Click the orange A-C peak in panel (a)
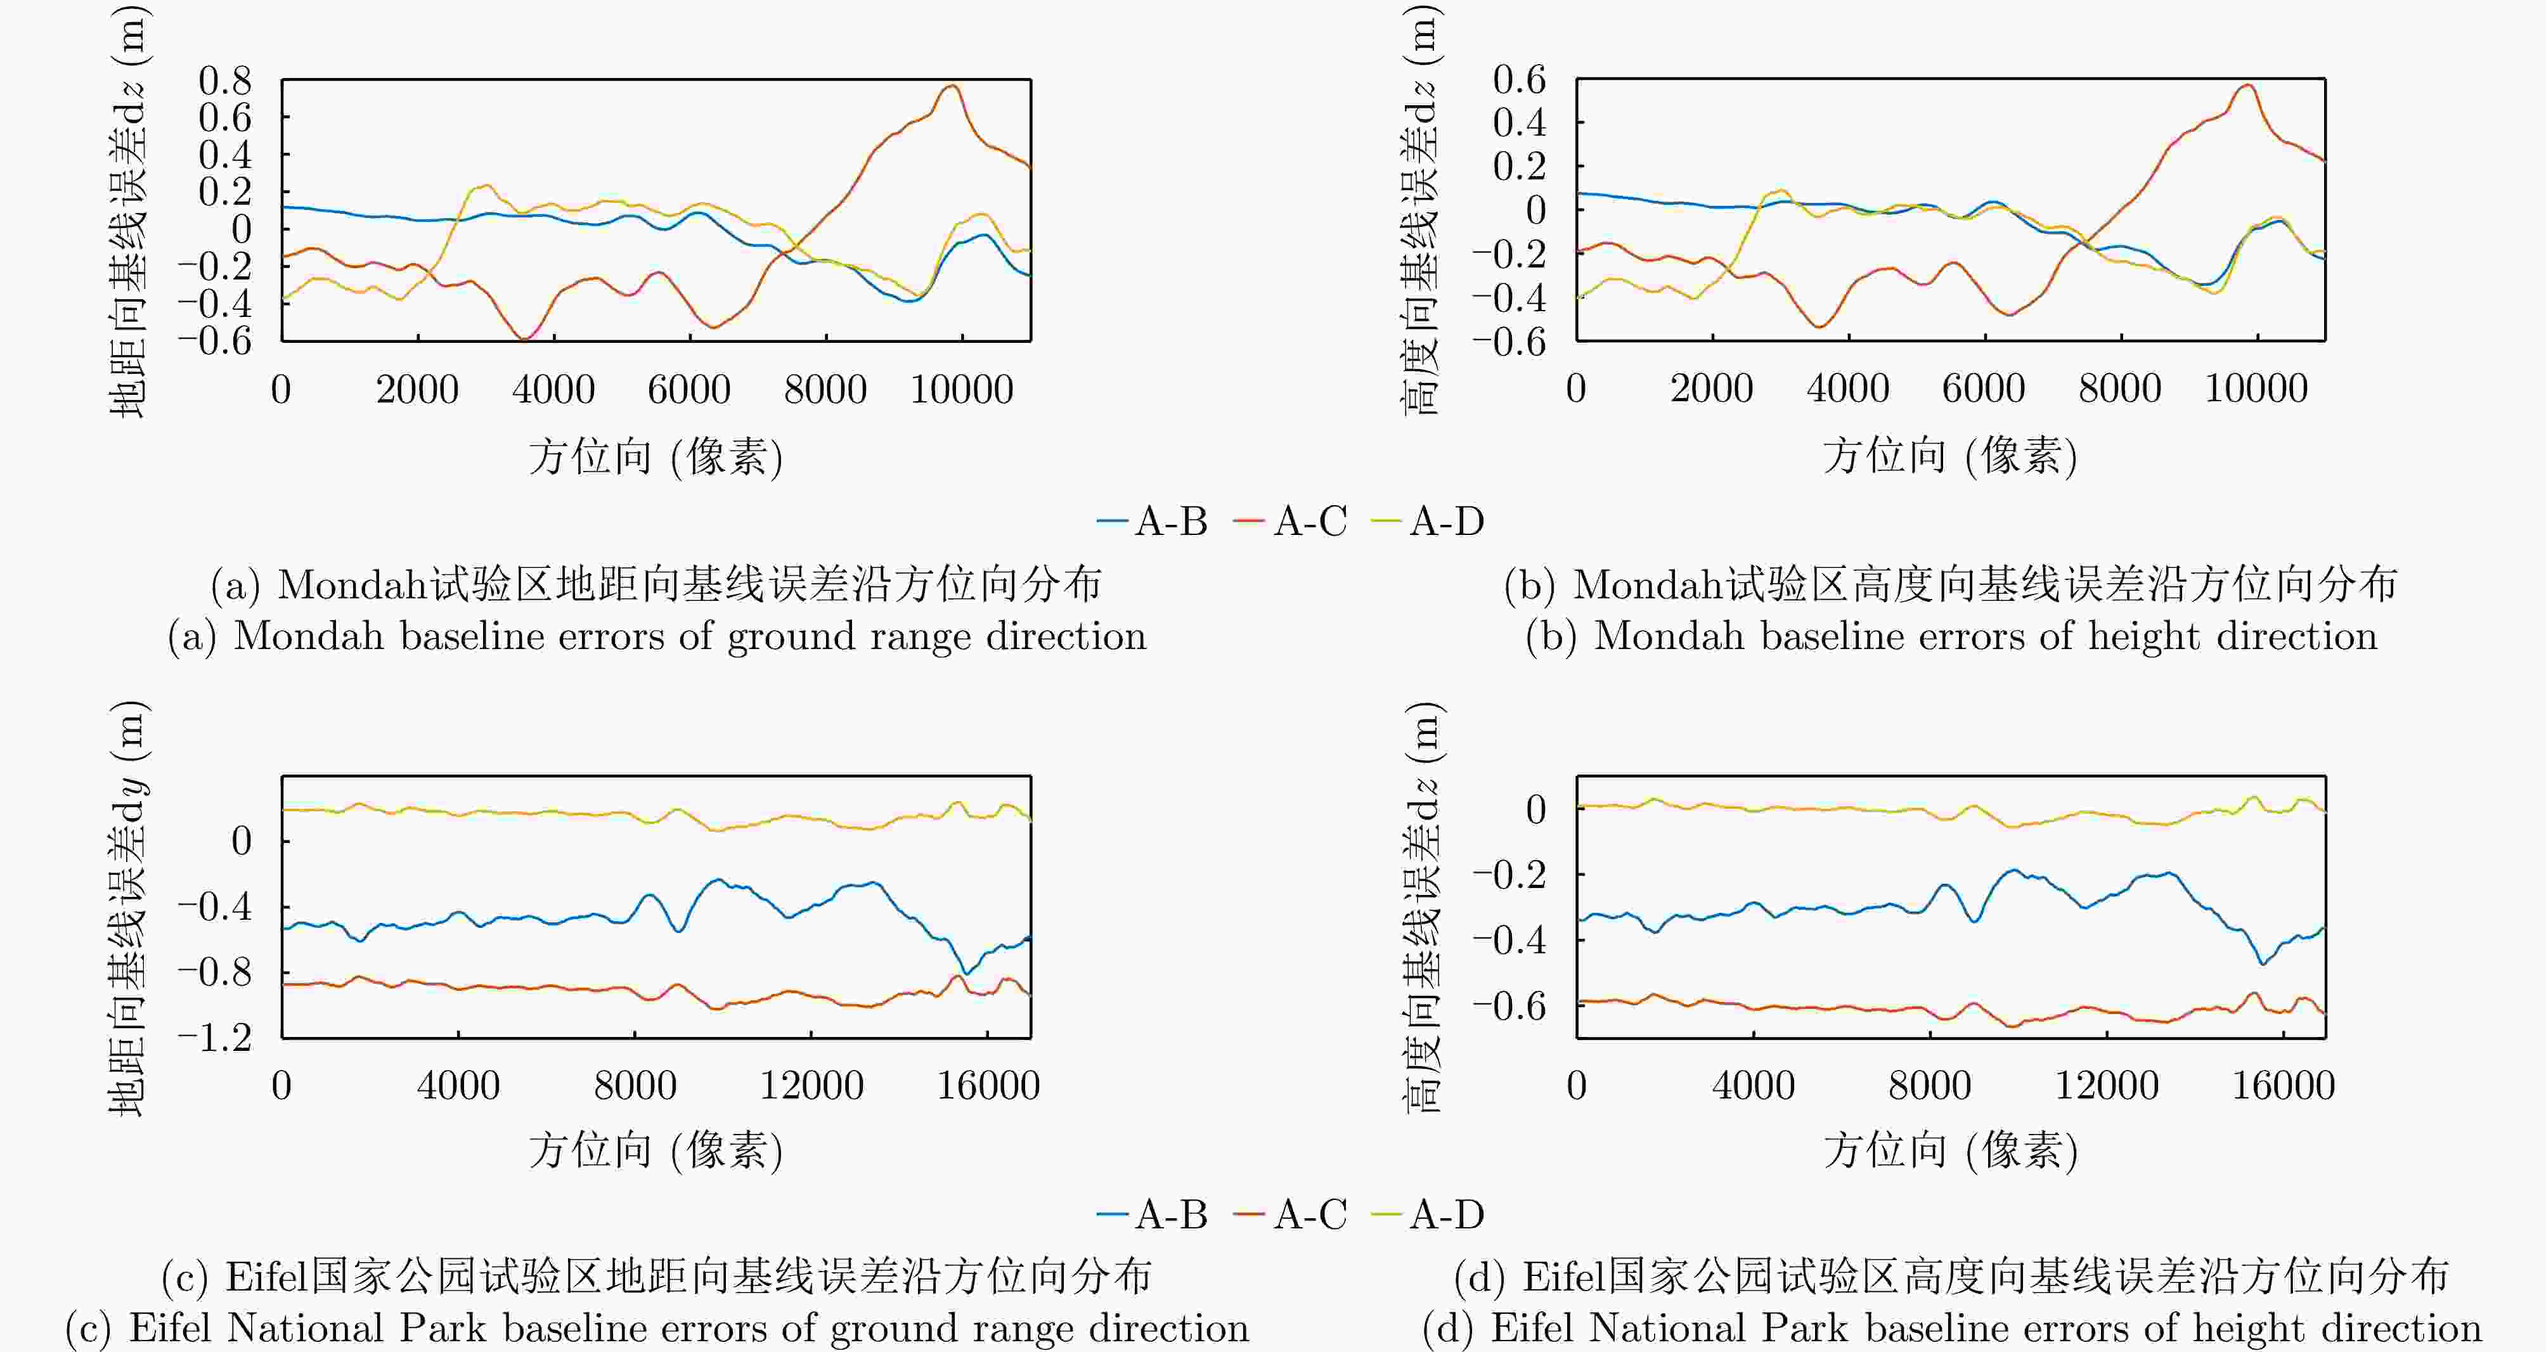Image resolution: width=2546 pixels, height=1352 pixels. (952, 86)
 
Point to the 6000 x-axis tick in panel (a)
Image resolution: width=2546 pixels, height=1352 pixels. (689, 389)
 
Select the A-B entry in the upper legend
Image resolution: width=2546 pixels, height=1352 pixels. (1153, 521)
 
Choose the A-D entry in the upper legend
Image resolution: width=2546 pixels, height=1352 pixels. (1429, 521)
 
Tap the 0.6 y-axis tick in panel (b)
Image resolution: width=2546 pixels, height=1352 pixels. (1519, 80)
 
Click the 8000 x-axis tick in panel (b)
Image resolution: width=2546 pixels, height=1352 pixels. (2120, 389)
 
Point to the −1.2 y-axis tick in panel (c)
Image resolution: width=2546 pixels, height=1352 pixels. (216, 1038)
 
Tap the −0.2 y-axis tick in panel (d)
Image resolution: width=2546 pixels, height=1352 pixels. (1510, 875)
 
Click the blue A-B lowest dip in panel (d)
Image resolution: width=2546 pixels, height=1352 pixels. (2261, 963)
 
